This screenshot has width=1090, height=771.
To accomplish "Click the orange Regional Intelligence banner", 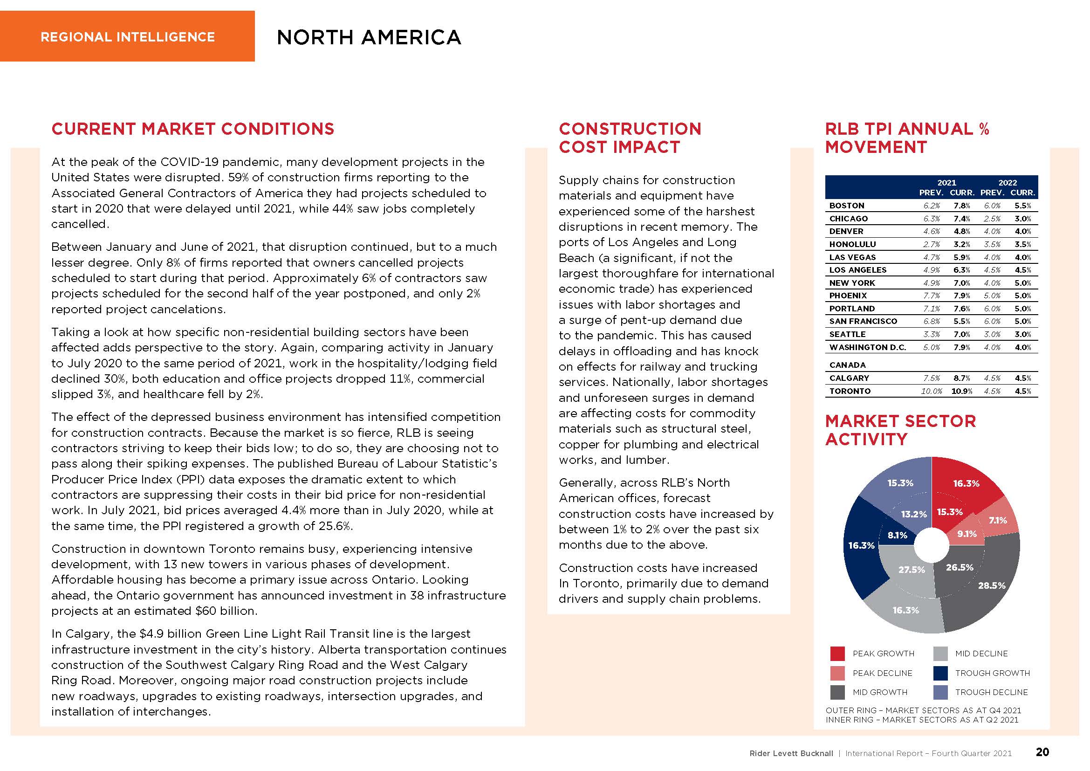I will pos(127,36).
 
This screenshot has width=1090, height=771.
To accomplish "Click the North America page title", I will pos(369,37).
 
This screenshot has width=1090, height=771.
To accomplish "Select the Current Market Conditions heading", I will pos(193,129).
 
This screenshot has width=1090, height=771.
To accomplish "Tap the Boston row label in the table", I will pos(846,206).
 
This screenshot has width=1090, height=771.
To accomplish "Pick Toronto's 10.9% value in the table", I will pos(962,391).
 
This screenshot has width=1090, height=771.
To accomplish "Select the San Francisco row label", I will pos(863,322).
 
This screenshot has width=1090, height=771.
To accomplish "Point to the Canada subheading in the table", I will pos(847,365).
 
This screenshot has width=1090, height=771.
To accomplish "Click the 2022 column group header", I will pos(1008,183).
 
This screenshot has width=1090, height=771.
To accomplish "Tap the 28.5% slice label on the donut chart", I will pos(992,586).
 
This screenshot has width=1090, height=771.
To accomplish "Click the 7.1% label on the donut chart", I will pos(997,520).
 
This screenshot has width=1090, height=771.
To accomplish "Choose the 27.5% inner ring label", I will pos(912,570).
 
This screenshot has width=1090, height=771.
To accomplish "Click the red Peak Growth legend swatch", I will pos(837,654).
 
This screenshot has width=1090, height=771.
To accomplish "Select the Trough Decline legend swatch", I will pos(940,692).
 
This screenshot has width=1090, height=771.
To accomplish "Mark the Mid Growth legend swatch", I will pos(837,692).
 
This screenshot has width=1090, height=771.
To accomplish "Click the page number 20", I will pos(1042,752).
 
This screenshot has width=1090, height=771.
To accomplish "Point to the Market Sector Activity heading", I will pos(900,430).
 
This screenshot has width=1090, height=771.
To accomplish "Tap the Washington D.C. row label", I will pos(867,348).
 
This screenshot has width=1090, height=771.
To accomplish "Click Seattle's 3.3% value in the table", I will pos(932,335).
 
